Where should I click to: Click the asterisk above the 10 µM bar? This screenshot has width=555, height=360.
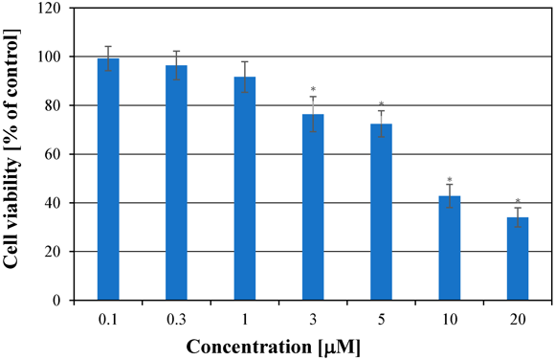[x=450, y=178]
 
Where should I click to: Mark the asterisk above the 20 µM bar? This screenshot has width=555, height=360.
[x=518, y=201]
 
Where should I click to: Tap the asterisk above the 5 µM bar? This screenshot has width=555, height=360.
[x=381, y=104]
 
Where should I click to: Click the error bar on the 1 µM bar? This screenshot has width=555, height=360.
[x=245, y=77]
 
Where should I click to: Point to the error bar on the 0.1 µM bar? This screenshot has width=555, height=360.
[x=108, y=58]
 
